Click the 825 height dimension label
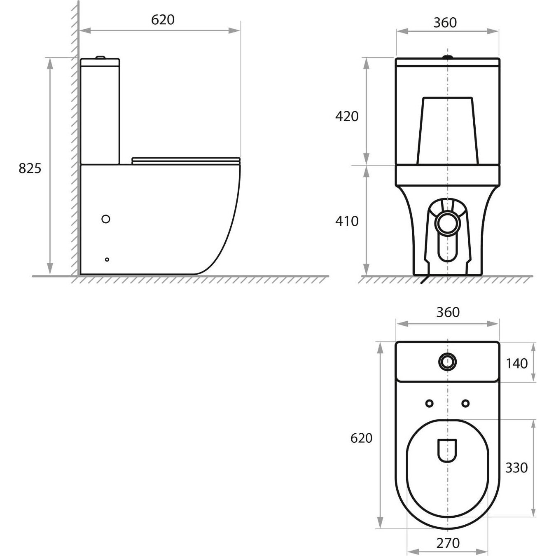click(x=30, y=168)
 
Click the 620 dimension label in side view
click(x=163, y=20)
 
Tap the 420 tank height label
click(x=347, y=116)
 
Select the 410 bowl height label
click(x=347, y=221)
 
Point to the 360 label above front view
click(x=445, y=23)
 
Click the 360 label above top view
click(x=448, y=312)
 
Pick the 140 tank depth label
click(x=517, y=364)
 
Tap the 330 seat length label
click(x=516, y=468)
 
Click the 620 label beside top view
click(x=362, y=438)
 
